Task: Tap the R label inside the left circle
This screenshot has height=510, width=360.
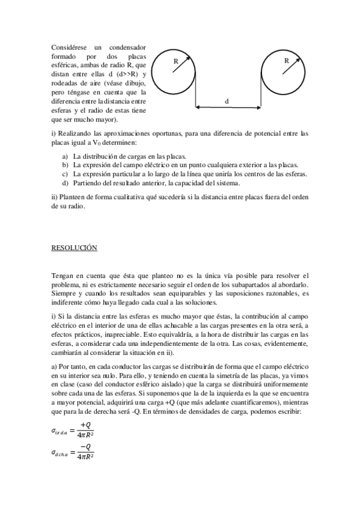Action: [175, 61]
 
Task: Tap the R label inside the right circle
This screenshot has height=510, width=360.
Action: [286, 61]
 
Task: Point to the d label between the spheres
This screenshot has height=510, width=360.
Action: [227, 101]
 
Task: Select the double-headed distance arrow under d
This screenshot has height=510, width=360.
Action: [227, 108]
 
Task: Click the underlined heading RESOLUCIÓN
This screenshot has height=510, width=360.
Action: [75, 248]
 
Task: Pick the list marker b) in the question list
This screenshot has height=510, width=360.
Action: [65, 165]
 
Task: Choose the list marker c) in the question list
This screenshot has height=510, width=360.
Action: [65, 174]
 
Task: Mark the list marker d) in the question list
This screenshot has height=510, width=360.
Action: [65, 183]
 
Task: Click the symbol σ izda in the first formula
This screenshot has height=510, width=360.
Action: [60, 431]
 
